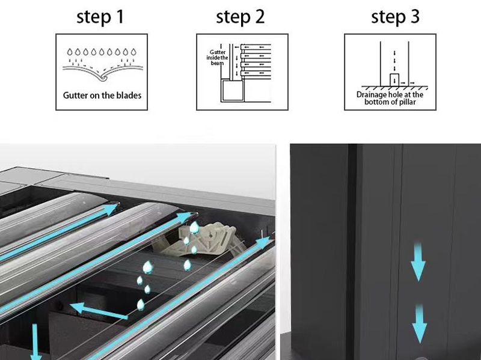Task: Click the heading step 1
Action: coord(100,17)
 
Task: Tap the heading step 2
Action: coord(240,17)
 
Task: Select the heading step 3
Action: coord(395,17)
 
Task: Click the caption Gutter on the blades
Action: coord(102,96)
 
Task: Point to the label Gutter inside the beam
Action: coord(217,57)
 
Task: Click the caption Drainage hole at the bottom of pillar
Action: coord(390,98)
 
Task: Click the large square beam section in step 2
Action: coord(233,90)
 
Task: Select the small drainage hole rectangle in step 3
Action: coord(394,80)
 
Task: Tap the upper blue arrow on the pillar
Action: coord(418,261)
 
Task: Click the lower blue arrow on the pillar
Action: coord(419,323)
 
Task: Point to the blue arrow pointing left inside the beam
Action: coord(99,311)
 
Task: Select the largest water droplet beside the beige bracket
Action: coord(194,228)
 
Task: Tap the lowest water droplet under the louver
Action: coord(141,305)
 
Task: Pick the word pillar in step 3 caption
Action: coord(407,102)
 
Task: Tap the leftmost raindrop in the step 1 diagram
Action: coord(70,52)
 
